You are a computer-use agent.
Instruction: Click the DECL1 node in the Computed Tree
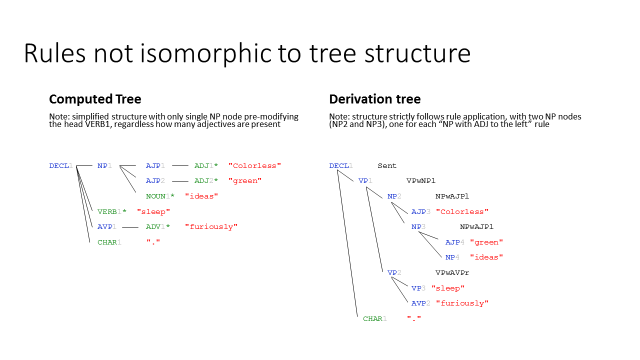(61, 165)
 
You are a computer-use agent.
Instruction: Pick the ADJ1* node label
(208, 165)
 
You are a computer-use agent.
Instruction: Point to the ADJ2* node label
(208, 181)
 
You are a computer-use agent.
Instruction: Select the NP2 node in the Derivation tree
(395, 196)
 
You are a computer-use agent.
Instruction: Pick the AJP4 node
(453, 242)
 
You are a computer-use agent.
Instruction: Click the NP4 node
(451, 257)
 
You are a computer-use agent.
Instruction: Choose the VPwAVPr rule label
(452, 272)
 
